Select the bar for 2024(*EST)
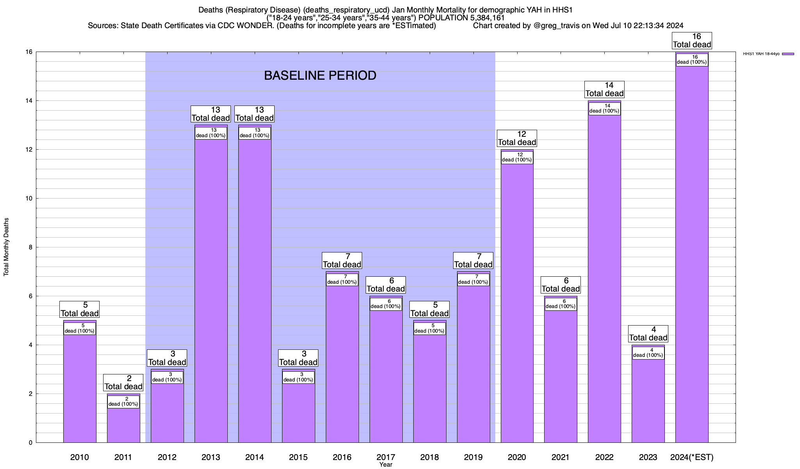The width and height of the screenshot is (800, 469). coord(692,254)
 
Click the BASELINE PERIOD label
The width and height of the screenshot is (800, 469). coord(320,75)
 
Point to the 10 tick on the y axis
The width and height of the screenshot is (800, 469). coord(30,199)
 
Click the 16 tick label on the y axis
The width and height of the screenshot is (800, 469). coord(30,52)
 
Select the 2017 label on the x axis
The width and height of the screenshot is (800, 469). coord(386,457)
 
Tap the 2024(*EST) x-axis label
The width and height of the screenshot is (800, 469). coord(691,457)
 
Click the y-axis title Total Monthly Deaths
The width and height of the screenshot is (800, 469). coord(6,247)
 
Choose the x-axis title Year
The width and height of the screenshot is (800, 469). coord(386,465)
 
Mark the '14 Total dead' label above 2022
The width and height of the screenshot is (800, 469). coord(604,90)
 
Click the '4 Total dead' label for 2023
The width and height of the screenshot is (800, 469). coord(648,334)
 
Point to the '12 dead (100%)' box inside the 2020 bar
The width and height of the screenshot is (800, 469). coord(517,157)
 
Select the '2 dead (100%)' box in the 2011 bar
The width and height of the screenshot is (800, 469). coord(123,401)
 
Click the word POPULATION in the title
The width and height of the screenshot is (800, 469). coord(442,18)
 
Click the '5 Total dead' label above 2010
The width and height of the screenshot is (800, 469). coord(79,310)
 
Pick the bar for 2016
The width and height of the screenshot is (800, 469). coord(342,363)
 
